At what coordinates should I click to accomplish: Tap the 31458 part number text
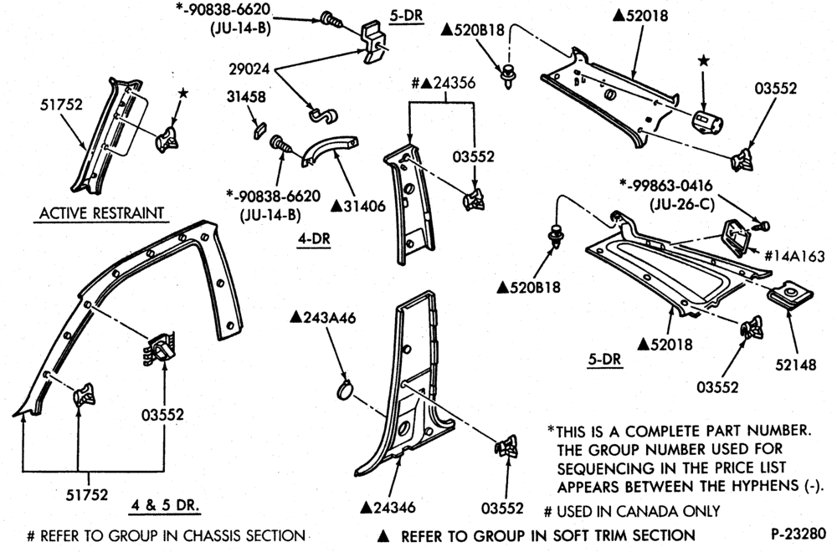pyautogui.click(x=246, y=97)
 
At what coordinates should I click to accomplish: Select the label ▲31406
pyautogui.click(x=357, y=206)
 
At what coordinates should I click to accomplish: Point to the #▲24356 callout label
pyautogui.click(x=443, y=83)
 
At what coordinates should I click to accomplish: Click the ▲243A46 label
pyautogui.click(x=322, y=317)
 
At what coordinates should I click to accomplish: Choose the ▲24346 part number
pyautogui.click(x=388, y=507)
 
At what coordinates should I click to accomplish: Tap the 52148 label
pyautogui.click(x=796, y=365)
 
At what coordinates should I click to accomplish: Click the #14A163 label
pyautogui.click(x=794, y=257)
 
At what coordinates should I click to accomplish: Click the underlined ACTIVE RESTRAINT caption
pyautogui.click(x=101, y=213)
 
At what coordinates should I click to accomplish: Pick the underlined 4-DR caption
pyautogui.click(x=314, y=238)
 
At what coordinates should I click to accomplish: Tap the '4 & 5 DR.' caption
pyautogui.click(x=165, y=504)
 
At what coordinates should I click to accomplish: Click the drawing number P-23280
pyautogui.click(x=798, y=534)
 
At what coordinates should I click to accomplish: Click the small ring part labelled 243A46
pyautogui.click(x=345, y=391)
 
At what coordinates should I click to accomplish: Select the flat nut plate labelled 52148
pyautogui.click(x=790, y=295)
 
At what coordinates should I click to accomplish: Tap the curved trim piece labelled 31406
pyautogui.click(x=329, y=150)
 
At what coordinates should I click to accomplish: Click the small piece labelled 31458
pyautogui.click(x=259, y=130)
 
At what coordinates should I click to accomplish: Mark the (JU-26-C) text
pyautogui.click(x=682, y=204)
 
